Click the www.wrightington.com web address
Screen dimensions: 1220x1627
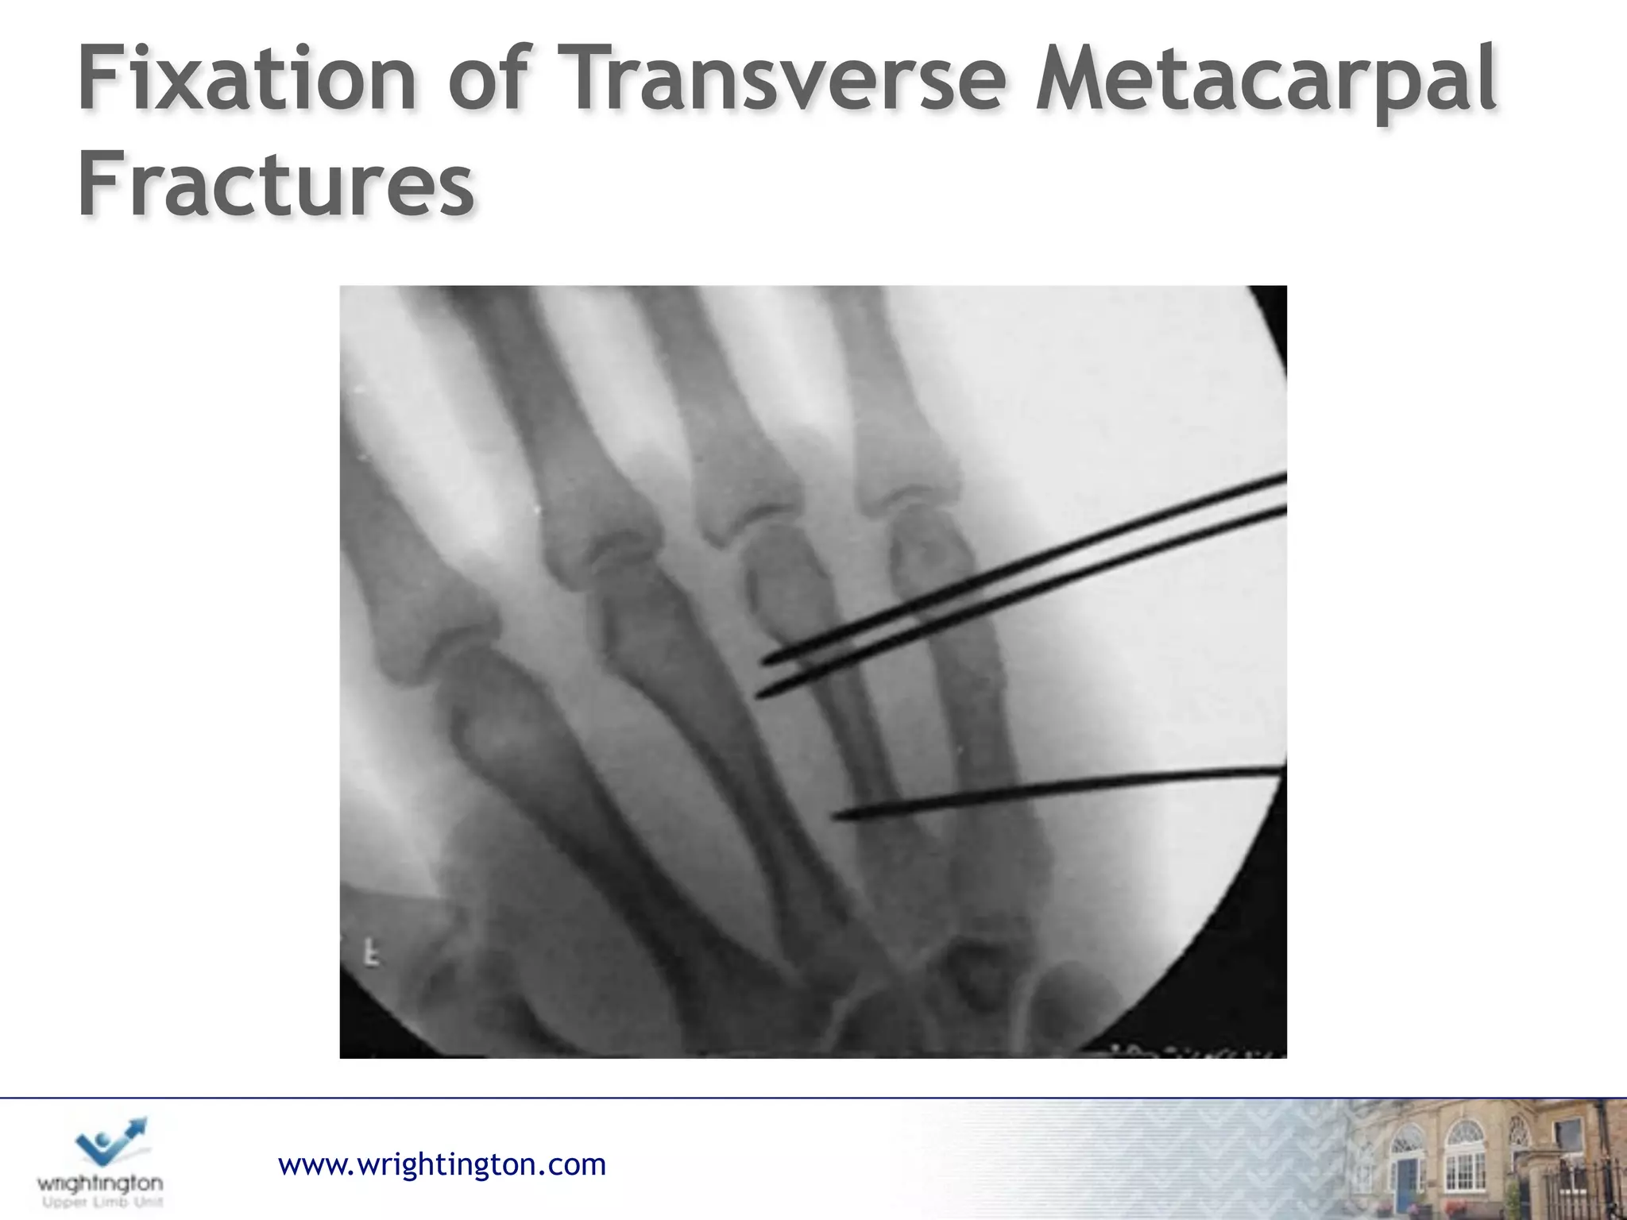(442, 1164)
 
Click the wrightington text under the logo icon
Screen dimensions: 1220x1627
(100, 1183)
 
